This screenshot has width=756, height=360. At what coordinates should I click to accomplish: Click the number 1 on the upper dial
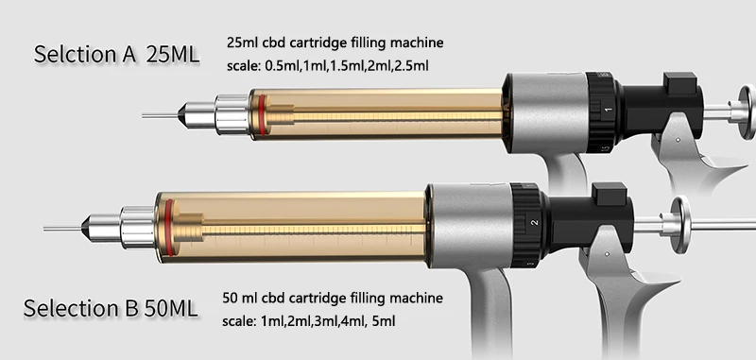point(607,111)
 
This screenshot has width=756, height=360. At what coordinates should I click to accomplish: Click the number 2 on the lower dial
point(534,223)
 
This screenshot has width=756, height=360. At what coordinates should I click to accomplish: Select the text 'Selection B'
point(81,309)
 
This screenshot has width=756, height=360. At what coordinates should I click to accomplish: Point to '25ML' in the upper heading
point(173,54)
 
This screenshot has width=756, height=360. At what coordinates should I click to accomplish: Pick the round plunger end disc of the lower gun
point(679,224)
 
